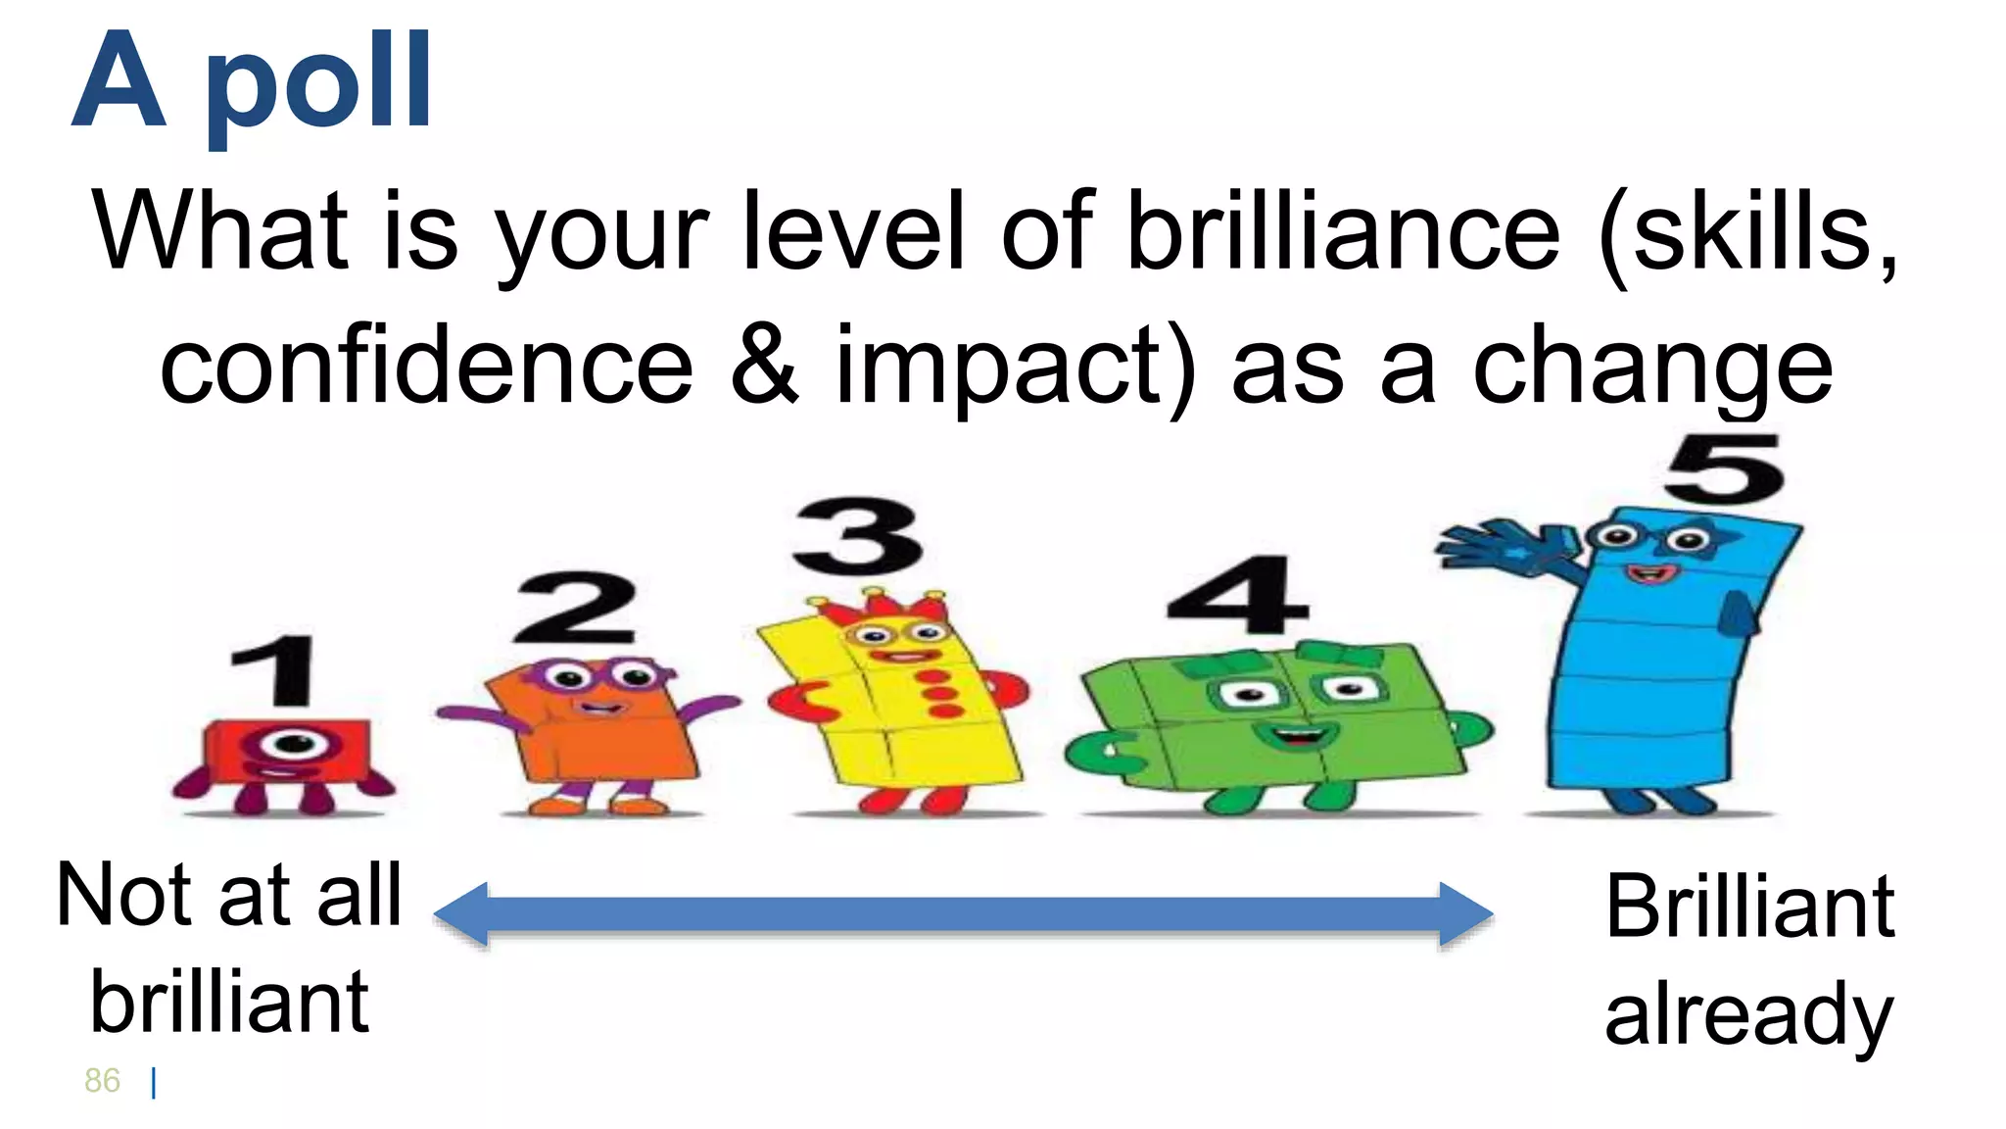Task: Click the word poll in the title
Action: click(318, 83)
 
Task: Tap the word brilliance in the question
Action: click(1343, 232)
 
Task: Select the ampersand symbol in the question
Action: click(764, 366)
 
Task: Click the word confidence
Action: click(426, 366)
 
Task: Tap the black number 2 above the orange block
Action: click(576, 608)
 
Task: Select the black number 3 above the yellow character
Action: click(858, 536)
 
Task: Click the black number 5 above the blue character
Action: click(1725, 469)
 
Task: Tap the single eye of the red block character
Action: click(292, 744)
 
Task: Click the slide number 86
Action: click(102, 1081)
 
